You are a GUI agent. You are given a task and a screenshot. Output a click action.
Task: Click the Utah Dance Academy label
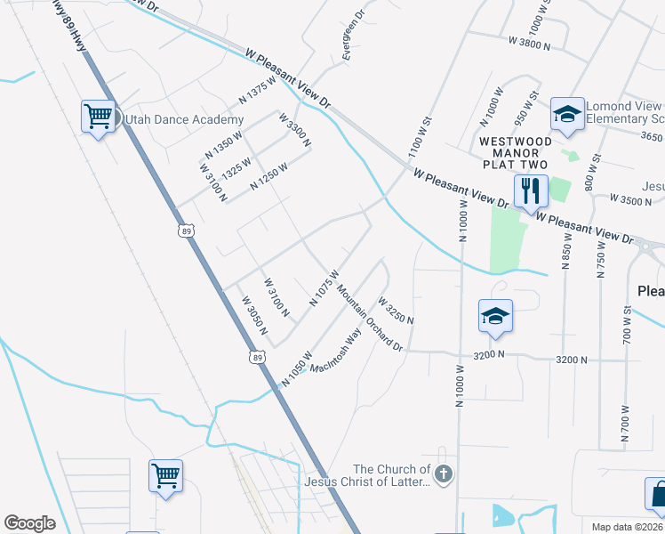(x=184, y=119)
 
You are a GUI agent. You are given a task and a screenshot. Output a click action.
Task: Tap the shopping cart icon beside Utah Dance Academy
(x=99, y=116)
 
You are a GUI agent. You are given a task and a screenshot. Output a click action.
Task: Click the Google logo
(x=29, y=523)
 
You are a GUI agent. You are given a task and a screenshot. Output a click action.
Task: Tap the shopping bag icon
(x=657, y=495)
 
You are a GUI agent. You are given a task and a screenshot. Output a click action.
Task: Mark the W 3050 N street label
(x=254, y=315)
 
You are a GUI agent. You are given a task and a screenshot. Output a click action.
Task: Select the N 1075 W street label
(x=324, y=287)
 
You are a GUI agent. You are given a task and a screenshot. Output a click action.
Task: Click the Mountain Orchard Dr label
(x=369, y=316)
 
